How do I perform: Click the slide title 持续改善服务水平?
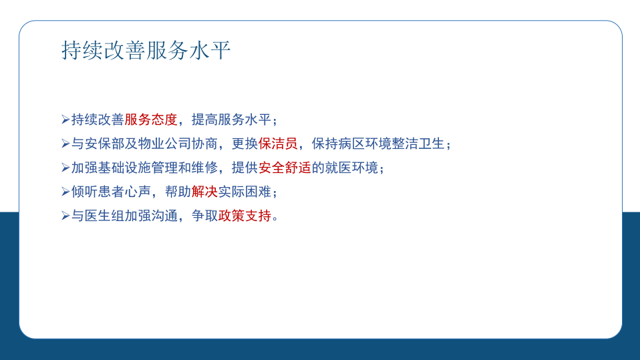(x=146, y=51)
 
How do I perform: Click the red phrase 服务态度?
(x=151, y=120)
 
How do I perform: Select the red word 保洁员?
(x=278, y=144)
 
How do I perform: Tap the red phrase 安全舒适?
(x=285, y=168)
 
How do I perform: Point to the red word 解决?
(x=204, y=192)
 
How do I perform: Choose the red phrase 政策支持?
(x=245, y=216)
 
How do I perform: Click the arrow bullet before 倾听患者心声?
(x=65, y=192)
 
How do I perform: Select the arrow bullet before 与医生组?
(x=65, y=216)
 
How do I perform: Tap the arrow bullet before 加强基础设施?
(x=65, y=168)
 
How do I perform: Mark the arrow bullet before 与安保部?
(x=65, y=144)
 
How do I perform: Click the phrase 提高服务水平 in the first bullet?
(x=231, y=120)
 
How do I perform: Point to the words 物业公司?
(x=164, y=144)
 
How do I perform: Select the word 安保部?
(x=104, y=144)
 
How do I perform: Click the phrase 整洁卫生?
(x=418, y=144)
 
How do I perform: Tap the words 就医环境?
(x=351, y=168)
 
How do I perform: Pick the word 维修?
(x=204, y=168)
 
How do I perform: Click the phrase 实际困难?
(x=245, y=192)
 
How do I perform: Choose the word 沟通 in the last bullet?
(x=164, y=216)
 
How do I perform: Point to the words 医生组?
(x=104, y=216)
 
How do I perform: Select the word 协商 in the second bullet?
(x=204, y=144)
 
